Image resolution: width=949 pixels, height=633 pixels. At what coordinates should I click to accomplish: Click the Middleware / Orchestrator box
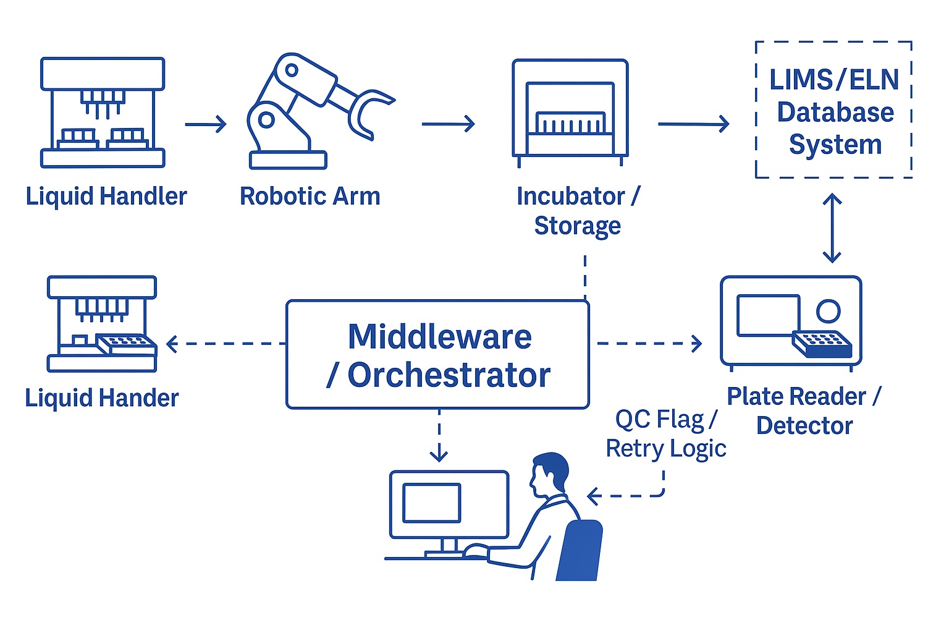pos(437,355)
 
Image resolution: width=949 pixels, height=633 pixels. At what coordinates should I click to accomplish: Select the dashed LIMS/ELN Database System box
pos(833,110)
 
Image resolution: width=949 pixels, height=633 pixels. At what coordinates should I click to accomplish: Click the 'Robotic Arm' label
pos(310,197)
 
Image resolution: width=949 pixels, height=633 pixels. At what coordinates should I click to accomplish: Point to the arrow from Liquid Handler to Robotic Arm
pos(206,124)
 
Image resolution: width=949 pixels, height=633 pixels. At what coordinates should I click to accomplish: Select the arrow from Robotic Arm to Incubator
pos(448,124)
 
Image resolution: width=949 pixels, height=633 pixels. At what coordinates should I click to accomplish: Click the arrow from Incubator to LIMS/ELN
pos(693,124)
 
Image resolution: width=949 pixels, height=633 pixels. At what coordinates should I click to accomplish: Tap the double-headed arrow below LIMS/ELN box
pos(832,227)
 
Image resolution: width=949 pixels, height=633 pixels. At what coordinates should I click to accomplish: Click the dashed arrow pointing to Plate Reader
pos(649,343)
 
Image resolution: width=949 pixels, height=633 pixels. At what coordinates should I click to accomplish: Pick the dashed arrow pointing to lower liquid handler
pos(226,344)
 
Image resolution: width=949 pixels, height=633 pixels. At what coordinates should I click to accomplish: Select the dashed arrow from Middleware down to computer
pos(439,436)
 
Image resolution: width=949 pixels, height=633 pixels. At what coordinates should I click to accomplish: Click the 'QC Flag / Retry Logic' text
pos(665,433)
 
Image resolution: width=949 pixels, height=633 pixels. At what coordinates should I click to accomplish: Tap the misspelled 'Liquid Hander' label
pos(102,398)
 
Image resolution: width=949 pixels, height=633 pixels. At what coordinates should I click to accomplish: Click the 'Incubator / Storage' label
pos(578,211)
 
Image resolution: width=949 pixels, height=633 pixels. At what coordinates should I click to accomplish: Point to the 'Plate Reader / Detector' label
pos(804,411)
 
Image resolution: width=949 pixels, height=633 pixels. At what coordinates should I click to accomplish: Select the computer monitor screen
pos(432,503)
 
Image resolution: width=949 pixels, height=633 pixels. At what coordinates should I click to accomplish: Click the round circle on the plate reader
pos(828,311)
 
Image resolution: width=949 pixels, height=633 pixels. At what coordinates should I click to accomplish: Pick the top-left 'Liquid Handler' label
pos(106,197)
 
